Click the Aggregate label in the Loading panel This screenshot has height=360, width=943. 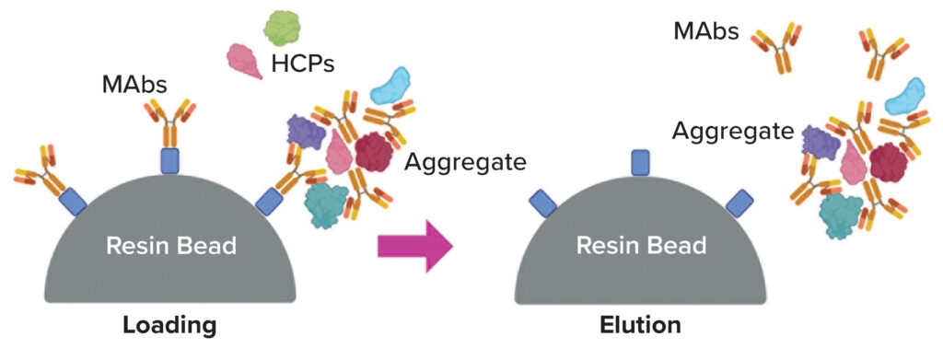(x=465, y=163)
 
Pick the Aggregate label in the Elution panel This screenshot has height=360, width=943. (x=732, y=131)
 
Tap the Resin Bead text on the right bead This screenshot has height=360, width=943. (x=641, y=246)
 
